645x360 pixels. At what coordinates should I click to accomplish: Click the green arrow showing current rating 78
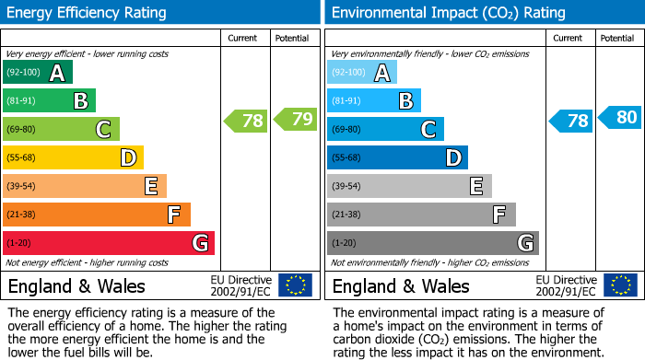tap(246, 121)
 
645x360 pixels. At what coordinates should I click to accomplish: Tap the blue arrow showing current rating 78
tap(570, 121)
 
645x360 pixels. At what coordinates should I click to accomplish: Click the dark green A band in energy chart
tap(38, 73)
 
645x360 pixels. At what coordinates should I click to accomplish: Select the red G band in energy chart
tap(109, 243)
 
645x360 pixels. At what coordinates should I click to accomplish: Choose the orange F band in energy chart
tap(97, 215)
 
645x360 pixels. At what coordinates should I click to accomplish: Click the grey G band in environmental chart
tap(432, 243)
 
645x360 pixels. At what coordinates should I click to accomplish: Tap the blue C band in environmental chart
tap(385, 130)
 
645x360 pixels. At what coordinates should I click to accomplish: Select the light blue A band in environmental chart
tap(362, 73)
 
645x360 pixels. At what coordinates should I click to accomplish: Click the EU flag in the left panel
tap(295, 285)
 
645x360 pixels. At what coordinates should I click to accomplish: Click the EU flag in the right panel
tap(619, 285)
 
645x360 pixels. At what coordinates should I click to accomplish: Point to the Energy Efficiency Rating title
tap(88, 13)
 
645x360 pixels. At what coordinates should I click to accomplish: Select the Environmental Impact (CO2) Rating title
tap(448, 13)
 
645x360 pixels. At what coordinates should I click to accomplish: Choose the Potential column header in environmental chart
tap(617, 38)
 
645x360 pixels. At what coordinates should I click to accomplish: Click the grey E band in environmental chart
tap(409, 186)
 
